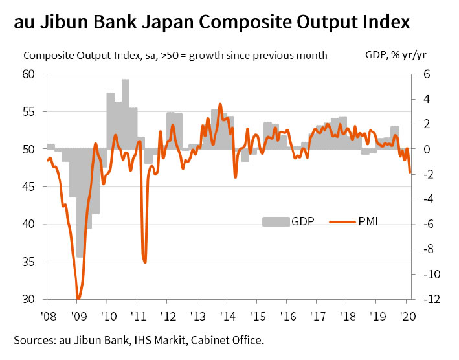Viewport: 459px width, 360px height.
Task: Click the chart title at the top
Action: (x=211, y=23)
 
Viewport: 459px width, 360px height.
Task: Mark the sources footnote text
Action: (x=139, y=340)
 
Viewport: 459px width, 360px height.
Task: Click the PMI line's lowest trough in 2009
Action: (x=78, y=298)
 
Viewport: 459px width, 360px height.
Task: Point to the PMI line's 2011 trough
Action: (x=145, y=262)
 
